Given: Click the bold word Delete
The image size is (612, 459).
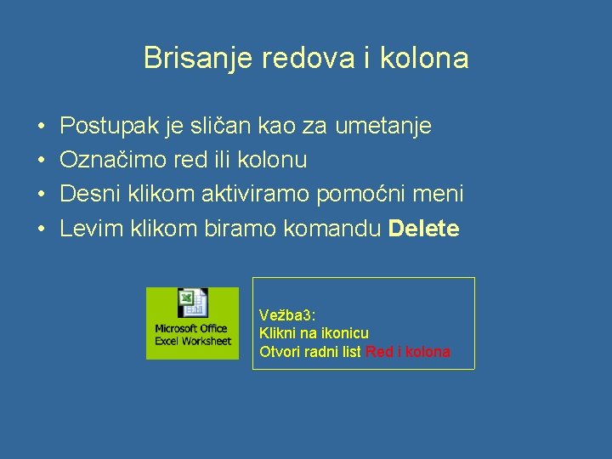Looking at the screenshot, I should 423,228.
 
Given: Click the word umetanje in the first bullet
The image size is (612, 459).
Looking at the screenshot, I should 383,127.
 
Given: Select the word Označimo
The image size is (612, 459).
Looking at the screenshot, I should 109,160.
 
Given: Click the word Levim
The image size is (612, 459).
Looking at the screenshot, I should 92,228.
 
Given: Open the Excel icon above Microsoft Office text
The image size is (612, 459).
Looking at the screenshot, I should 192,303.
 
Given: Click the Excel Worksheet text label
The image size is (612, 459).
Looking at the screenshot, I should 193,341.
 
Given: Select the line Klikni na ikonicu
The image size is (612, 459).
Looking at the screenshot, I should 314,333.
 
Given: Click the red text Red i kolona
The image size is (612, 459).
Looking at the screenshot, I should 408,352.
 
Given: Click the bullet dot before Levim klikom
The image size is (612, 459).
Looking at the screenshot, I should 42,229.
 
